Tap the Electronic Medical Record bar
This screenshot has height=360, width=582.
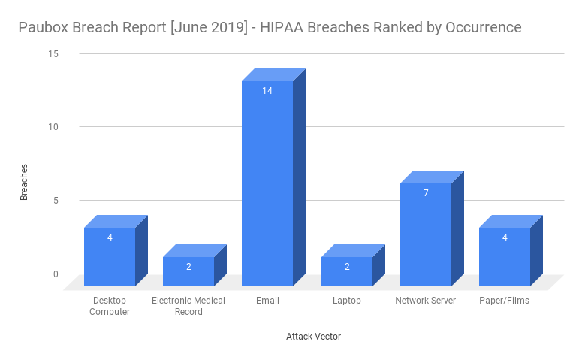click(188, 272)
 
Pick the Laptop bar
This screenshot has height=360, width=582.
click(346, 272)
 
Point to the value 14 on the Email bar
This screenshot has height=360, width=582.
click(267, 91)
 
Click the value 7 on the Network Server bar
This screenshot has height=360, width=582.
click(426, 193)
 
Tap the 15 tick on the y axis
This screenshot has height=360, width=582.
click(53, 54)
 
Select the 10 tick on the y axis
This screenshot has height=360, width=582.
click(53, 127)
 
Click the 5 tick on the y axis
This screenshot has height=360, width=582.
click(55, 201)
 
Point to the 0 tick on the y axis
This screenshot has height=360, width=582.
click(55, 274)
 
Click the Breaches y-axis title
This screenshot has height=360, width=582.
click(24, 182)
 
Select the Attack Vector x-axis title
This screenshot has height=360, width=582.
click(313, 337)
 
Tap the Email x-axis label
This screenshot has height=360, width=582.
click(267, 301)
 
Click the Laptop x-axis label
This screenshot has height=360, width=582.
click(346, 301)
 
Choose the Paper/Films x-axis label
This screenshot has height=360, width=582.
click(505, 301)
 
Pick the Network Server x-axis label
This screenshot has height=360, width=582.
click(426, 301)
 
